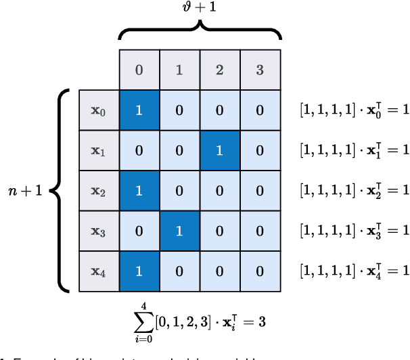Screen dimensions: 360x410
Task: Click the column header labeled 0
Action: click(139, 70)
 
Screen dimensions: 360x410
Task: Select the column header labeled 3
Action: click(260, 70)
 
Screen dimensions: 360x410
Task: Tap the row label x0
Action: click(99, 110)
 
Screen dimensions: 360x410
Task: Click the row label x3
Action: click(99, 231)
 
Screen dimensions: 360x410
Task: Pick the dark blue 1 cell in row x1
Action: click(220, 151)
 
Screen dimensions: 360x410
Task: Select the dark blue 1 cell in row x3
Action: click(179, 231)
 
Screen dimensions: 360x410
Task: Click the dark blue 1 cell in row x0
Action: click(139, 110)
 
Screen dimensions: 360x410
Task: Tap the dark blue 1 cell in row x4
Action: click(139, 271)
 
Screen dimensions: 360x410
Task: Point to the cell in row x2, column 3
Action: click(260, 191)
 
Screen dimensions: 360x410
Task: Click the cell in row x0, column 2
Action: click(220, 110)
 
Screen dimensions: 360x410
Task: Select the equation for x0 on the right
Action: click(355, 110)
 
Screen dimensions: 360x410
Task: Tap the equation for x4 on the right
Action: click(355, 271)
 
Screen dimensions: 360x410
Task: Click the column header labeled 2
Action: click(220, 70)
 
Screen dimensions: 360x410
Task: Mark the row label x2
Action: click(99, 191)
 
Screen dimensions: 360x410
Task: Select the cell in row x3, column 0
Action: click(139, 231)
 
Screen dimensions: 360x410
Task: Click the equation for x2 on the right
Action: click(355, 191)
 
